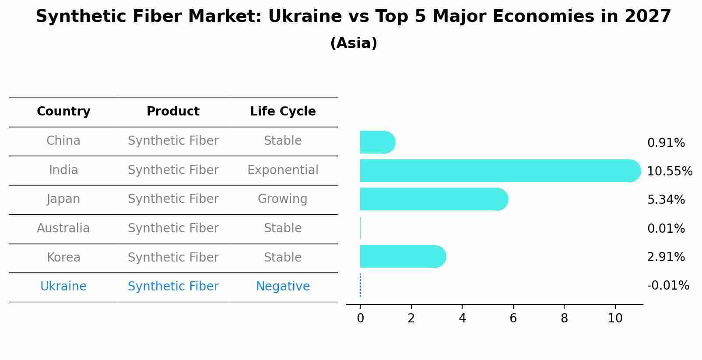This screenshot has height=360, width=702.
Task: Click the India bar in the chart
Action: (500, 171)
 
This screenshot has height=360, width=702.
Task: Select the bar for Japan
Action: (434, 199)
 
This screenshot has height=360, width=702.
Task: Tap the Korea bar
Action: (403, 256)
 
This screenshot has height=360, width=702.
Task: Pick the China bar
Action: (378, 142)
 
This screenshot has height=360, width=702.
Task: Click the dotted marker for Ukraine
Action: (360, 285)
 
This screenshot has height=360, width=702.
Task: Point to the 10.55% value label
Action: (670, 171)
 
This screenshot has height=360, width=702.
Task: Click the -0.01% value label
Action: (668, 286)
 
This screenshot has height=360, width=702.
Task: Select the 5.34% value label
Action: (666, 199)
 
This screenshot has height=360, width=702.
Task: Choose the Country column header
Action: (63, 112)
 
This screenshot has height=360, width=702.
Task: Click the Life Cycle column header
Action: (283, 112)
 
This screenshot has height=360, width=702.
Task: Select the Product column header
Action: (173, 111)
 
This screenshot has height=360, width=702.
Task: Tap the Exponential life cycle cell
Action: (283, 170)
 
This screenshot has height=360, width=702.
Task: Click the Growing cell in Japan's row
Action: (283, 199)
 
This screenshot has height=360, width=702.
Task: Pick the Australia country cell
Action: (63, 228)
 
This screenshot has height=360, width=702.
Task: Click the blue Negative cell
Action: (283, 287)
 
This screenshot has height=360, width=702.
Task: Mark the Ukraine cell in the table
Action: (63, 287)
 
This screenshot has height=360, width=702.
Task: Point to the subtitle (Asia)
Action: (354, 43)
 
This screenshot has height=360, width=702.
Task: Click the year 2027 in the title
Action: (648, 16)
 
